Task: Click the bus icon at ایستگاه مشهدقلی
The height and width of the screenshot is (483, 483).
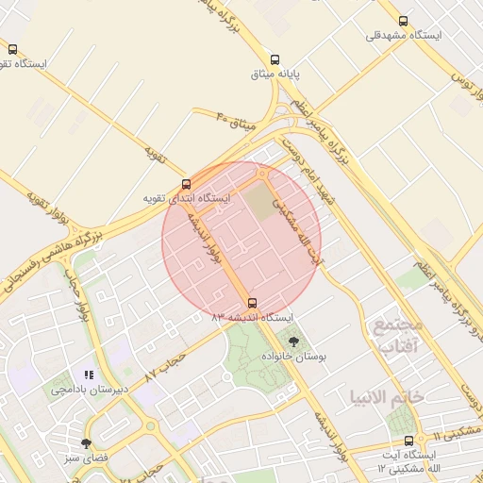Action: (x=404, y=21)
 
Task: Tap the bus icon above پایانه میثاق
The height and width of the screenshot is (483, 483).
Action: (x=275, y=58)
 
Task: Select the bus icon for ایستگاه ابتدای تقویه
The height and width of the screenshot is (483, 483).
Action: (x=186, y=185)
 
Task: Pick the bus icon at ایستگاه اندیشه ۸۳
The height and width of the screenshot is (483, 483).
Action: (x=251, y=303)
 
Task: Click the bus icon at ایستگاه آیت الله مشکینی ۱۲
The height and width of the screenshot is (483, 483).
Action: (x=408, y=441)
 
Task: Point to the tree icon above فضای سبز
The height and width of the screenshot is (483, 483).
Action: (x=87, y=443)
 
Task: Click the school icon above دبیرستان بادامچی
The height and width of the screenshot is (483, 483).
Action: (x=90, y=375)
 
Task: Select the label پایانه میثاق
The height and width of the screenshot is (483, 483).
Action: (x=275, y=73)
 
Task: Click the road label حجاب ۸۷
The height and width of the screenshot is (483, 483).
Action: (x=164, y=369)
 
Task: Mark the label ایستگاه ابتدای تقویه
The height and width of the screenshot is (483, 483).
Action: (x=186, y=199)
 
